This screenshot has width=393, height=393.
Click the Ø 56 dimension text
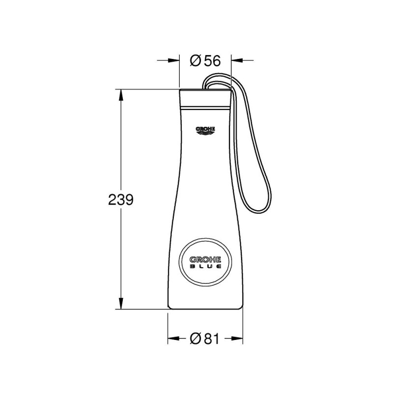(x=204, y=60)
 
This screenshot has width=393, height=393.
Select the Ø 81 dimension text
(x=204, y=338)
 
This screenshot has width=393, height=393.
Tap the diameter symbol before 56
(x=195, y=60)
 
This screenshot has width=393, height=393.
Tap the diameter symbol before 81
(x=195, y=338)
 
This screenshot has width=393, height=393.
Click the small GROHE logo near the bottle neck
(x=206, y=129)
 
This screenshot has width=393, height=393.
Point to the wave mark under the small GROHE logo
(x=206, y=133)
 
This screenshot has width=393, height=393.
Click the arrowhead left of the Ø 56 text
(x=175, y=60)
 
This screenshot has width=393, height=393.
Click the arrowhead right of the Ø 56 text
(x=235, y=60)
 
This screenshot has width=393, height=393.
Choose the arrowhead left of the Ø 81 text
(x=172, y=338)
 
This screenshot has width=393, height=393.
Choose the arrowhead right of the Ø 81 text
(x=239, y=338)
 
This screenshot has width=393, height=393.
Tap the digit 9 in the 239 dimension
(x=129, y=199)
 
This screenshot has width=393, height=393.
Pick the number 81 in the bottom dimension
(x=211, y=338)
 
